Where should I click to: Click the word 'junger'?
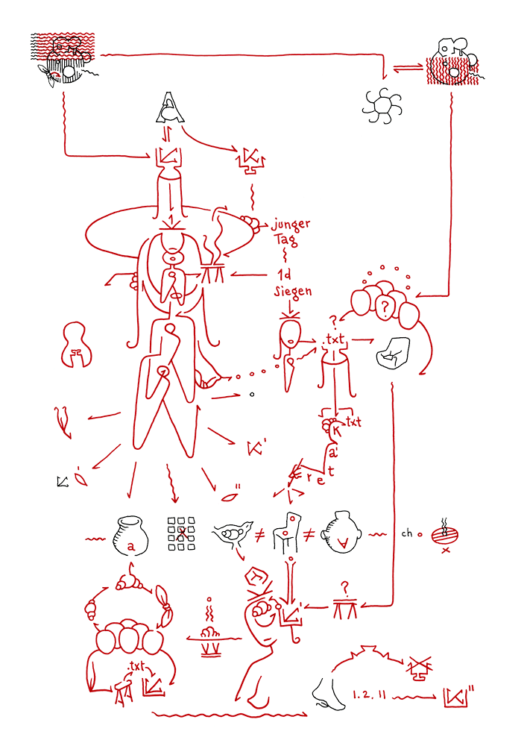tap(290, 225)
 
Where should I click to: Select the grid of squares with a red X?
tap(180, 533)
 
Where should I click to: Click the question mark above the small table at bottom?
tap(344, 586)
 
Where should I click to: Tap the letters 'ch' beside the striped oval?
tap(407, 533)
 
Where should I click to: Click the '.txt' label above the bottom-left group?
tap(136, 665)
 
